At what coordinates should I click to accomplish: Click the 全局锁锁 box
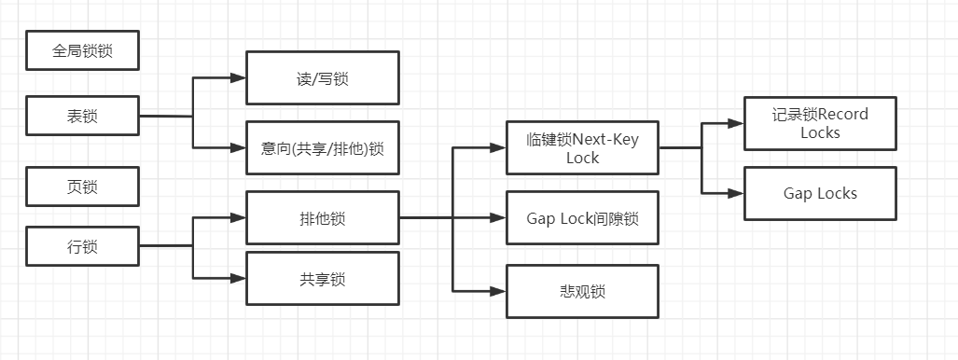[x=83, y=51]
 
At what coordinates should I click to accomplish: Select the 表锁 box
[x=83, y=117]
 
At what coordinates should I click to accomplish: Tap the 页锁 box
[x=83, y=187]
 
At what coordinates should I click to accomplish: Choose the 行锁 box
[x=83, y=247]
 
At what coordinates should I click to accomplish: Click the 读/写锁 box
[x=322, y=78]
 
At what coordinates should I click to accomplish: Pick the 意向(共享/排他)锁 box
[x=322, y=147]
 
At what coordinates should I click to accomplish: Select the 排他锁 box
[x=322, y=218]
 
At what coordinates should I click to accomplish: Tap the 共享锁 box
[x=322, y=278]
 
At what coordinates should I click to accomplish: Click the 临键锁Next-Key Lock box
[x=583, y=147]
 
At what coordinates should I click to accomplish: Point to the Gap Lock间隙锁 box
[x=583, y=217]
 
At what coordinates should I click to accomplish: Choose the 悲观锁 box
[x=583, y=291]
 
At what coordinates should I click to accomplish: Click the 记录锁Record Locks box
[x=820, y=123]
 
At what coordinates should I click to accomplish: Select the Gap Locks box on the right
[x=820, y=193]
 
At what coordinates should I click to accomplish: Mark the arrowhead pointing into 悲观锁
[x=498, y=291]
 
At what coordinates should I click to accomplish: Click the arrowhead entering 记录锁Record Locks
[x=736, y=123]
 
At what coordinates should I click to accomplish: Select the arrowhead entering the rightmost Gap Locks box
[x=736, y=193]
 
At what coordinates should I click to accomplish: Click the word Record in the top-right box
[x=843, y=115]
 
